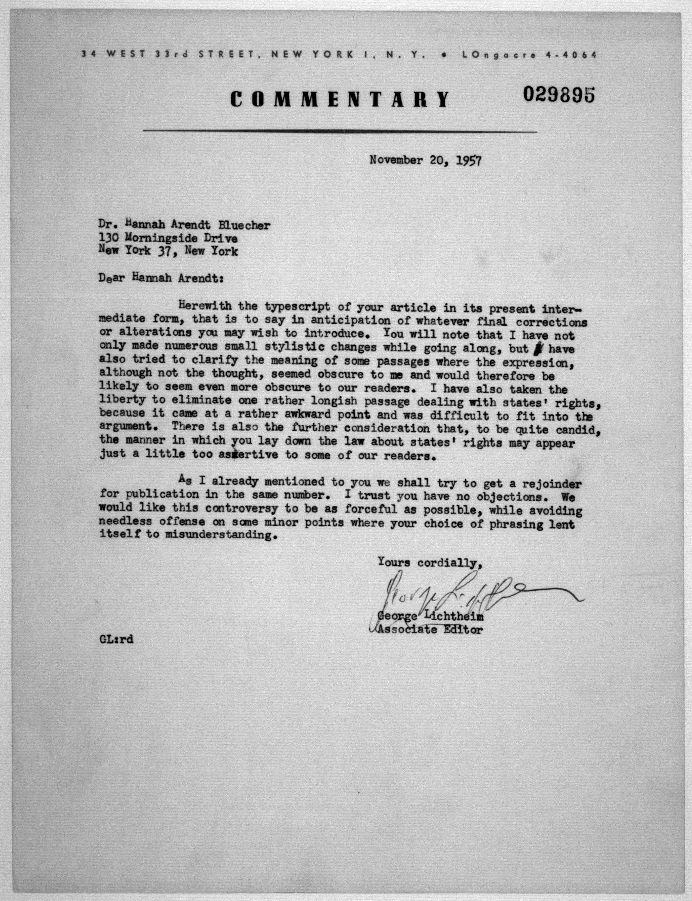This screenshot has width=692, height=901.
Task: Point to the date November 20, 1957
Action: click(425, 160)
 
